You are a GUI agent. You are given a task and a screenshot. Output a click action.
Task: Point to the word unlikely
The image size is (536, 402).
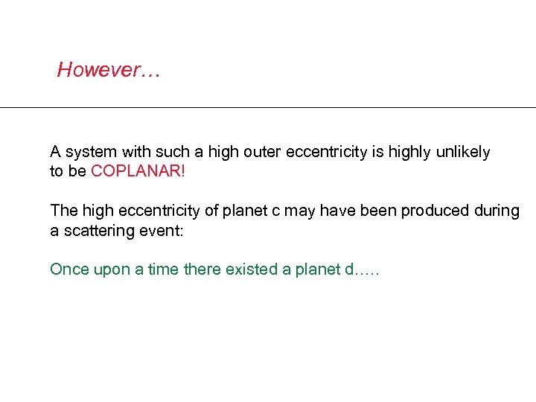tap(462, 153)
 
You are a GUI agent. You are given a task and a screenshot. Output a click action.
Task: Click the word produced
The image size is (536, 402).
tap(434, 211)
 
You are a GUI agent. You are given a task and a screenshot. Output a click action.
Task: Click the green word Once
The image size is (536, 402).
tap(68, 269)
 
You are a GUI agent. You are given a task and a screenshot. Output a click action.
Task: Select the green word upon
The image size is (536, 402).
tap(107, 269)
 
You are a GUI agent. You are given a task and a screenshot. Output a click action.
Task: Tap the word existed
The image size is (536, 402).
tap(253, 269)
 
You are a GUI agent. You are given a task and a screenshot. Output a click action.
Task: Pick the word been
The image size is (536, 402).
tap(377, 211)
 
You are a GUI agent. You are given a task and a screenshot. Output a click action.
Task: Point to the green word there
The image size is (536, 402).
tap(202, 269)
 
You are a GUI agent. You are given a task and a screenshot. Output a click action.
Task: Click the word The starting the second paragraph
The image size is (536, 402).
tap(63, 211)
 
